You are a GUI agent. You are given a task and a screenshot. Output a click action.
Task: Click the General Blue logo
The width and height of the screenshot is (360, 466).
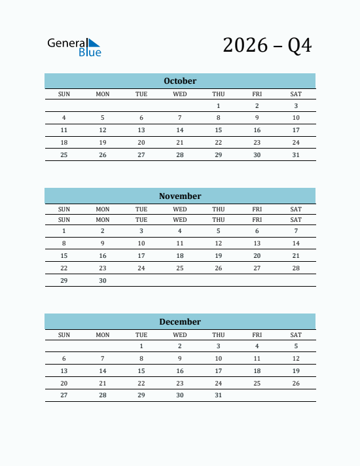pos(74,46)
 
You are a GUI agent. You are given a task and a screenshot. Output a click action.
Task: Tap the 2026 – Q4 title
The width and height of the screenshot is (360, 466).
pos(267,45)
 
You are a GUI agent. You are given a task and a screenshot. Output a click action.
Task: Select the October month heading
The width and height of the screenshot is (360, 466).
pos(180,81)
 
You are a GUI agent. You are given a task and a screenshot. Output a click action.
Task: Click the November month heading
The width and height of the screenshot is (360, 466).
pos(180,196)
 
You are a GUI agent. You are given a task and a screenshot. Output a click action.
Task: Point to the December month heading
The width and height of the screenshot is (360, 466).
pos(180,322)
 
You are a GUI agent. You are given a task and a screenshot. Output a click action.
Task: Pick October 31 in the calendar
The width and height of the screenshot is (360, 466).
pos(296,155)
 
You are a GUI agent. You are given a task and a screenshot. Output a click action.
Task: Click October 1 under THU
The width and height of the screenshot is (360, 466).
pos(219,106)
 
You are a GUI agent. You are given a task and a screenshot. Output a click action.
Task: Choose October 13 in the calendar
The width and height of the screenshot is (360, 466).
pos(141,130)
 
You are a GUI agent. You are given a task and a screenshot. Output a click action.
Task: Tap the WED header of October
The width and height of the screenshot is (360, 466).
pos(180,94)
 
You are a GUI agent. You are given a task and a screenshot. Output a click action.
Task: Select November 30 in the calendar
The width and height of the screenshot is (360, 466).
pos(103,281)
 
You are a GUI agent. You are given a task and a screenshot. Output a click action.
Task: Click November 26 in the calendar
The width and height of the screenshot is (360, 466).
pos(219,268)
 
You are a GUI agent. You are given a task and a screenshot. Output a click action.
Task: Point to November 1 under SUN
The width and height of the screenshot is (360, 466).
pos(64,231)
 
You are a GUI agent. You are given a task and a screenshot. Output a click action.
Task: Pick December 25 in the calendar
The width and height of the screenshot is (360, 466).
pos(257,384)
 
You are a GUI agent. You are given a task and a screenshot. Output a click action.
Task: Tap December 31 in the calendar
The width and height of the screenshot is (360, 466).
pos(219,395)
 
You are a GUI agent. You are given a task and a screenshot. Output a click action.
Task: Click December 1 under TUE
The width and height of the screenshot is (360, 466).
pos(141,346)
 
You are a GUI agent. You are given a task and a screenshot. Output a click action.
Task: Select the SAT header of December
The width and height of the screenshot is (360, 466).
pos(296,335)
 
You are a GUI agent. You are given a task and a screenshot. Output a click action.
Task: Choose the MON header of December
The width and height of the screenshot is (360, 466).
pos(103,335)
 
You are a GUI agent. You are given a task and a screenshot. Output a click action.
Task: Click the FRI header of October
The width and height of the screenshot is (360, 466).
pos(257,94)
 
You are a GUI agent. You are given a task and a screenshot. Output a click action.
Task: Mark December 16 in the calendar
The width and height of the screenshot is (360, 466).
pos(180,371)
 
